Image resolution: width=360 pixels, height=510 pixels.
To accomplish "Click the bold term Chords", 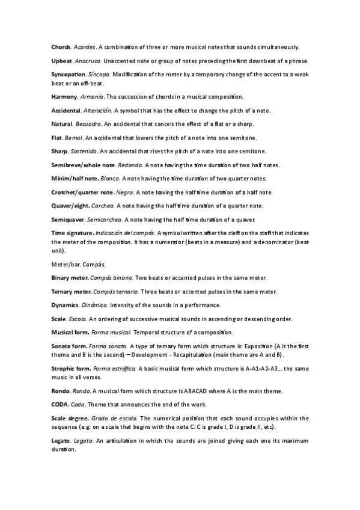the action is [61, 47].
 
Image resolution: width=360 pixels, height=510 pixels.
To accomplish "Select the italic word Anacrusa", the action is [87, 61].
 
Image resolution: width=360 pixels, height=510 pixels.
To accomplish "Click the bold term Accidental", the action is [66, 111].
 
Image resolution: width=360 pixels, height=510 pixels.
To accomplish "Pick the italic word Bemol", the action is [74, 138].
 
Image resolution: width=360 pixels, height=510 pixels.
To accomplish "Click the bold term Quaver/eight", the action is [70, 206].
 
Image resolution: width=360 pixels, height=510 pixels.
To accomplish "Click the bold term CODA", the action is [59, 404].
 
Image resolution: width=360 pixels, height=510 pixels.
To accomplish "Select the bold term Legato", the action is [61, 441].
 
